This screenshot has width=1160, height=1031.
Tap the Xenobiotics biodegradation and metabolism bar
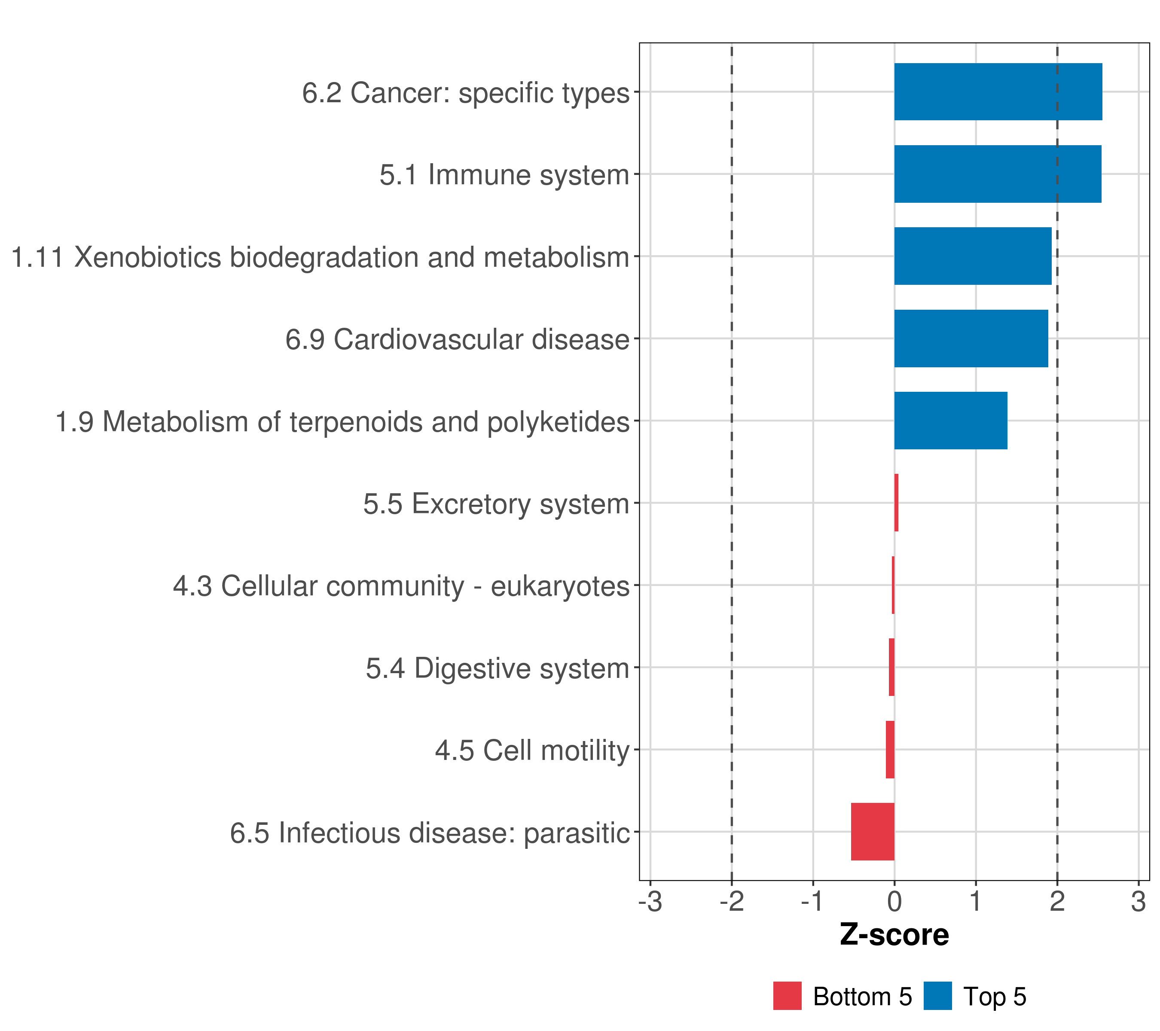click(972, 256)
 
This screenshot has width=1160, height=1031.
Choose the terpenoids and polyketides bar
click(951, 421)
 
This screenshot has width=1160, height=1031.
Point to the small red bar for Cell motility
click(890, 749)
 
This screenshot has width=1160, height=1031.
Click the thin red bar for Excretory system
click(896, 503)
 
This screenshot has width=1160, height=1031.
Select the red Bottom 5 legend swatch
click(787, 996)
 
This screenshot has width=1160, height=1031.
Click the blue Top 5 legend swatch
click(937, 996)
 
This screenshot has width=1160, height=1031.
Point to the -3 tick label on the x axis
click(650, 902)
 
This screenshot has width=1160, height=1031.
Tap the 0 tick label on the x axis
click(894, 902)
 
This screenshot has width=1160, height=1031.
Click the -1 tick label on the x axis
click(813, 902)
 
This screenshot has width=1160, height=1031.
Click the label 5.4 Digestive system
click(497, 668)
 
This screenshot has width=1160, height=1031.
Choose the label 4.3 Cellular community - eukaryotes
click(401, 586)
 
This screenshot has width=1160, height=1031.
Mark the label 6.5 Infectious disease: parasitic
click(430, 833)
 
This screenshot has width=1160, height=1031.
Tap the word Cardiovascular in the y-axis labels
click(428, 339)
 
